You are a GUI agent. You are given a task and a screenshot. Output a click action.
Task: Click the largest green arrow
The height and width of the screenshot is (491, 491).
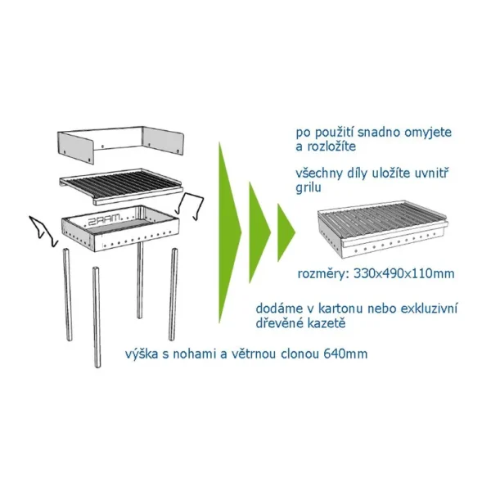point(228,232)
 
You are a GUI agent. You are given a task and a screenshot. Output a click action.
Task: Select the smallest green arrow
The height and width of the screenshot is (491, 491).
point(286,232)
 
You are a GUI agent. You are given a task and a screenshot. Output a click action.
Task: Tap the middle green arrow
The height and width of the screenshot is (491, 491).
point(259,232)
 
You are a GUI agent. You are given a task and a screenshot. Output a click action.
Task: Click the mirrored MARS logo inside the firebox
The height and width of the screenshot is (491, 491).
point(104,219)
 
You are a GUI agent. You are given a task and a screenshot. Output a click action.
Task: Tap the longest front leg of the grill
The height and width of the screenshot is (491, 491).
point(97,317)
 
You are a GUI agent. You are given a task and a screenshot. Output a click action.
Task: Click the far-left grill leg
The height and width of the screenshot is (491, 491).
point(68,295)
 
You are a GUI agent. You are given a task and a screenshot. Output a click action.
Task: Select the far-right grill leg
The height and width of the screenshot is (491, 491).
point(173,294)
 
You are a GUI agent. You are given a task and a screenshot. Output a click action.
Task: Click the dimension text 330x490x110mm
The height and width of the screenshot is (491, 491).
point(404,273)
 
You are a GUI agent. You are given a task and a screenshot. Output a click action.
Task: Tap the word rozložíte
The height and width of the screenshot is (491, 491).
point(331,146)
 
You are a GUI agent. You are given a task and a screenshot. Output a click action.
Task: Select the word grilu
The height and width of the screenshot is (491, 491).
point(309,188)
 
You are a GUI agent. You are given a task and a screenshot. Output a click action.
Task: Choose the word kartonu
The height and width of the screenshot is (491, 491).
point(340,309)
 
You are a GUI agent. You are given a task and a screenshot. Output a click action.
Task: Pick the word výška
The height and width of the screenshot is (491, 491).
point(142,354)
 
